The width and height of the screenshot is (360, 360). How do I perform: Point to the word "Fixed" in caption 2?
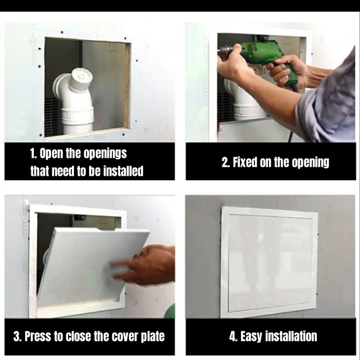click(245, 162)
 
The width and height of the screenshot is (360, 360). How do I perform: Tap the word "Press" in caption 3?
click(38, 336)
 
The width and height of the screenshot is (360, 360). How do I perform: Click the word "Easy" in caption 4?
click(251, 336)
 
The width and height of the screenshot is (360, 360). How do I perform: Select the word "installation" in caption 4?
click(291, 336)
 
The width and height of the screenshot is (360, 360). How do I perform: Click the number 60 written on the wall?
click(33, 42)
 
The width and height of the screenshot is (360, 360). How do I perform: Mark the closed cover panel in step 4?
click(270, 263)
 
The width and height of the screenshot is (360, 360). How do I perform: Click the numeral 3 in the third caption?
click(16, 336)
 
